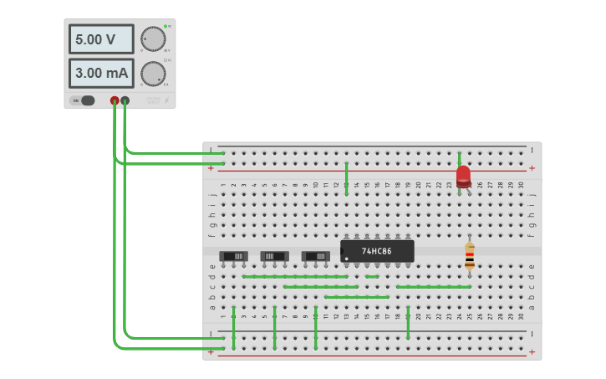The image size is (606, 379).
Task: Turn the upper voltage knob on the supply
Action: click(x=153, y=38)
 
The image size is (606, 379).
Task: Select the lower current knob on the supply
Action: click(x=153, y=74)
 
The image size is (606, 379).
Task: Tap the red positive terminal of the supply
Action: click(x=115, y=101)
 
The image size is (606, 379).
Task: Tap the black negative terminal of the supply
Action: click(x=125, y=101)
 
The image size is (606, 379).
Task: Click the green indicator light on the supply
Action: click(x=166, y=26)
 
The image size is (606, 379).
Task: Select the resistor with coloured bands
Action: click(x=470, y=256)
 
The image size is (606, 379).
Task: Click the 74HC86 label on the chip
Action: click(x=377, y=251)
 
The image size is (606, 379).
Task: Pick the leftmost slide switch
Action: click(x=233, y=255)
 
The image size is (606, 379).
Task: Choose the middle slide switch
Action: click(x=274, y=255)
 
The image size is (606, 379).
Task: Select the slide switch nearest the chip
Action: click(x=315, y=255)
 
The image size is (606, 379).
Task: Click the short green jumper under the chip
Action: click(x=372, y=276)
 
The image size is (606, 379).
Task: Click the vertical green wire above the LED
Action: click(x=459, y=158)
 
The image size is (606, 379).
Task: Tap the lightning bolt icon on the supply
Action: click(x=166, y=100)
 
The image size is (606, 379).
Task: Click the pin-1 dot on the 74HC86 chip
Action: click(x=346, y=259)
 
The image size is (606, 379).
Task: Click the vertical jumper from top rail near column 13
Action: click(x=346, y=178)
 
